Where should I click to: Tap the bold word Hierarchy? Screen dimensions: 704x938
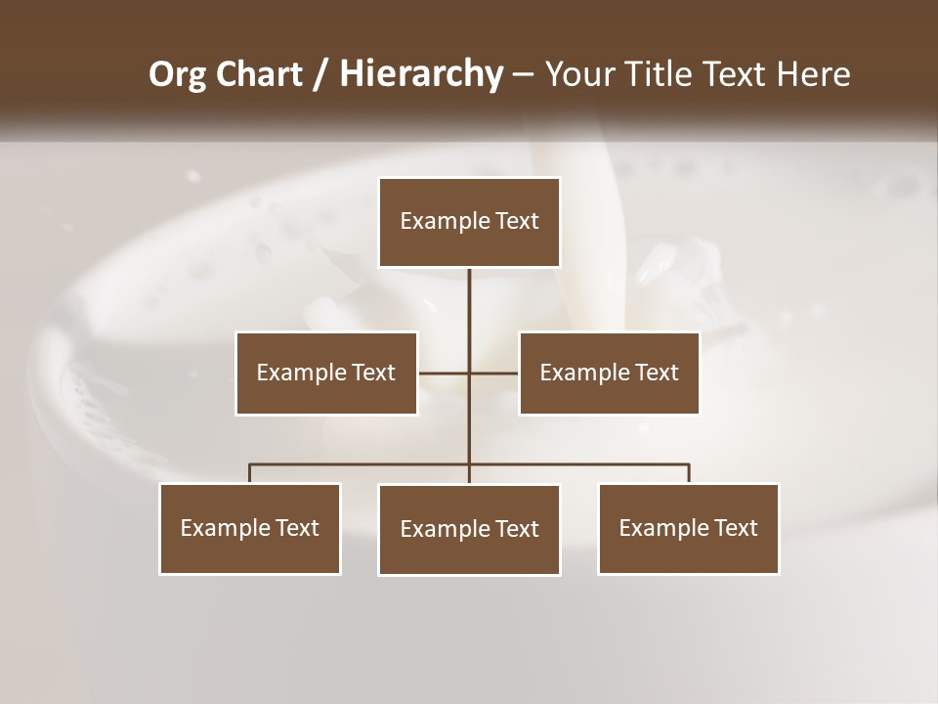click(x=420, y=74)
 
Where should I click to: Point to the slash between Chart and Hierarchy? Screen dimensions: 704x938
click(x=320, y=74)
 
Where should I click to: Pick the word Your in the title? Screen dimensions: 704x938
click(x=576, y=74)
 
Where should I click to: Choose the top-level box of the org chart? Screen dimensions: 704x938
click(x=469, y=222)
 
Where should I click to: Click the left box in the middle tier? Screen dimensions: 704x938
click(x=325, y=373)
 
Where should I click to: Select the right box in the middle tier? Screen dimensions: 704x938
click(x=609, y=373)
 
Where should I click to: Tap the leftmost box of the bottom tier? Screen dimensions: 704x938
click(x=250, y=528)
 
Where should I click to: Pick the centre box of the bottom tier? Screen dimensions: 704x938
click(x=469, y=529)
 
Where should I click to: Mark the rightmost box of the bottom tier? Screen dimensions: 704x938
click(x=689, y=528)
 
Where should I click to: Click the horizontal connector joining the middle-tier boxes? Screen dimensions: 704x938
click(x=445, y=373)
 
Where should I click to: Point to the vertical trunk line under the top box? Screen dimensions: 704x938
click(x=469, y=313)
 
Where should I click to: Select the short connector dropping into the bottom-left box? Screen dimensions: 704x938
click(x=250, y=473)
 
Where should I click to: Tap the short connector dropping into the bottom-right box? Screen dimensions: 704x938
click(x=689, y=473)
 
